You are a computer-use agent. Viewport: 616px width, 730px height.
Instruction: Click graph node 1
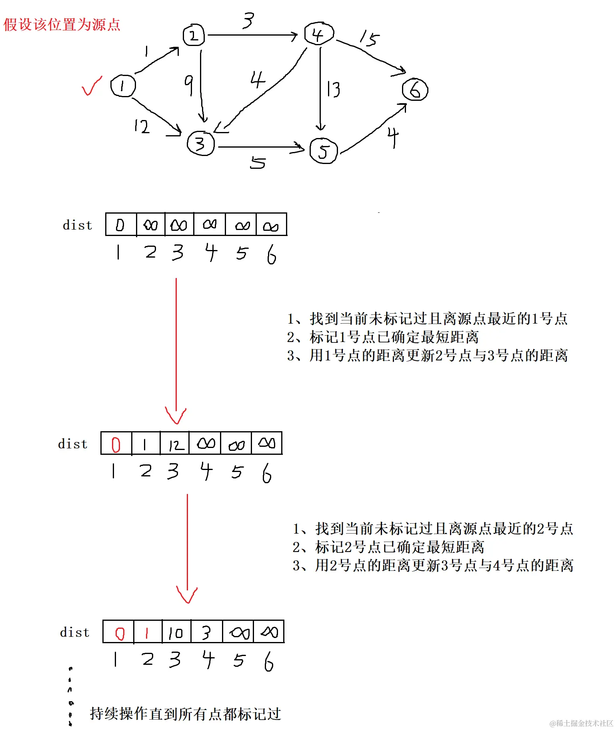123,86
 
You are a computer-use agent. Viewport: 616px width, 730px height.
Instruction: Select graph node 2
194,36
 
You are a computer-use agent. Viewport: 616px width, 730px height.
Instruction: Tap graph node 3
200,143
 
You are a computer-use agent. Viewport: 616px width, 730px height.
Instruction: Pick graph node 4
318,34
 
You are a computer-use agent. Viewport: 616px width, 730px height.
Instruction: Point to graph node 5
324,151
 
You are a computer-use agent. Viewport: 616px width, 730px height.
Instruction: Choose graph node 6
415,90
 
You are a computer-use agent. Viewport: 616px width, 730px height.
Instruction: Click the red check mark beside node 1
92,86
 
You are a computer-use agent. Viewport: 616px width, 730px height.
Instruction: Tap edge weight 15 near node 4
369,38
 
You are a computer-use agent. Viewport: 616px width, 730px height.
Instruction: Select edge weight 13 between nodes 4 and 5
333,89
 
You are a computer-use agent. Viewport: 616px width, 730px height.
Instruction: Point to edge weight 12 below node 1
142,126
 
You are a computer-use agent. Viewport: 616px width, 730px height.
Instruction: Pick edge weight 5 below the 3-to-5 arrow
258,163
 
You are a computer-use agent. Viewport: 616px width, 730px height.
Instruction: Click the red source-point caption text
62,25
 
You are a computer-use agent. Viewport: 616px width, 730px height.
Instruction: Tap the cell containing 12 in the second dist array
175,444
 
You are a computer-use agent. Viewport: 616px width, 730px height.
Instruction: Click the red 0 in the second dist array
116,444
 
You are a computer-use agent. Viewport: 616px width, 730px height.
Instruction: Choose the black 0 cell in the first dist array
120,225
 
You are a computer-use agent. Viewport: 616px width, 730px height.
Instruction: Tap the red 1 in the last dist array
148,632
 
